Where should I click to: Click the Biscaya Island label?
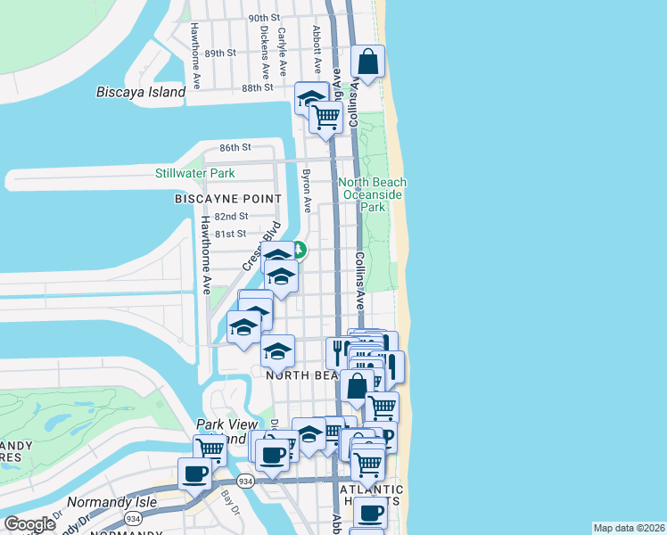[x=141, y=92]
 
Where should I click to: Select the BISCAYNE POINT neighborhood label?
[x=228, y=199]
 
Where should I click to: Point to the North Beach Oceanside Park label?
[x=372, y=194]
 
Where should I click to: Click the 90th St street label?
[x=264, y=18]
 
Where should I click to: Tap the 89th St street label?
[x=219, y=53]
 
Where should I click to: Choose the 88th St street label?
[x=256, y=88]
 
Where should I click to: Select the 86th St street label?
[x=236, y=147]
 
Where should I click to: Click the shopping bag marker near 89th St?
[x=367, y=62]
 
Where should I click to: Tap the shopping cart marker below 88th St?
[x=326, y=116]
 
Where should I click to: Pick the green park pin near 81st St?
[x=300, y=251]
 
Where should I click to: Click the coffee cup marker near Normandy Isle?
[x=194, y=473]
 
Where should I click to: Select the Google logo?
[x=30, y=524]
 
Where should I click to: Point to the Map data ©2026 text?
[x=630, y=528]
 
